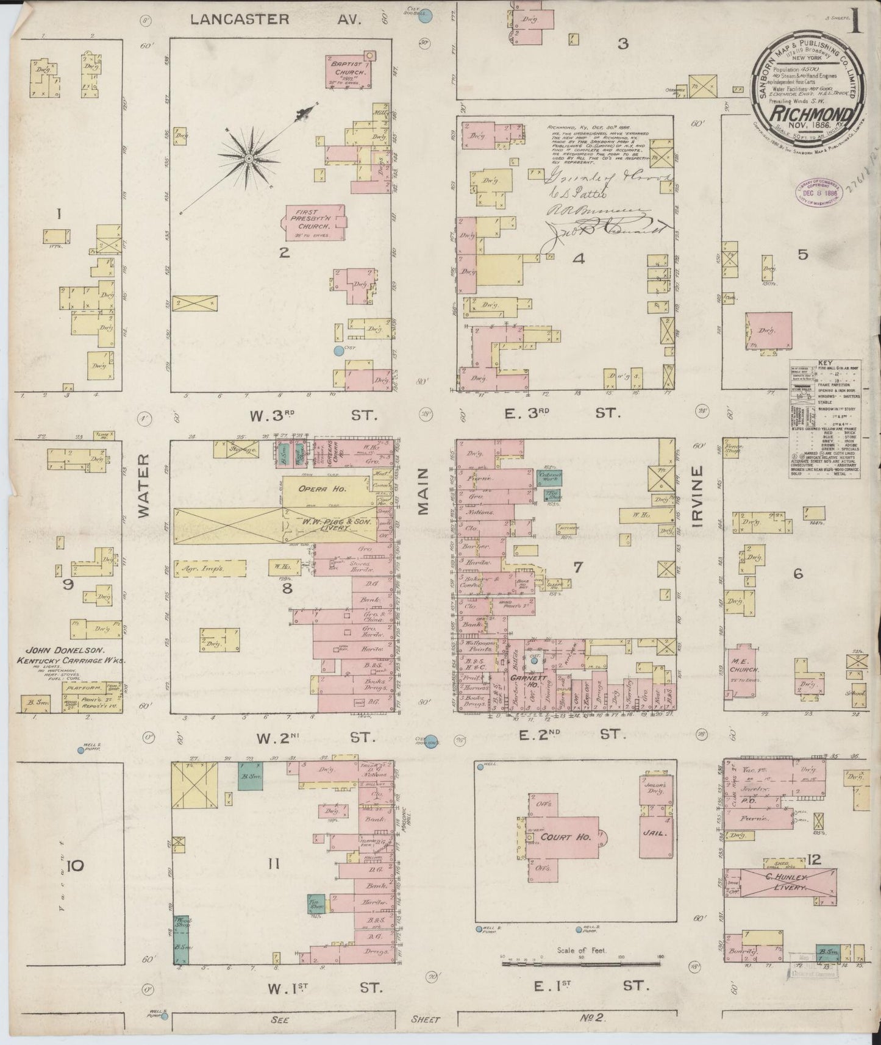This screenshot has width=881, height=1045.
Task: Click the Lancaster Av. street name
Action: [x=276, y=20]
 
